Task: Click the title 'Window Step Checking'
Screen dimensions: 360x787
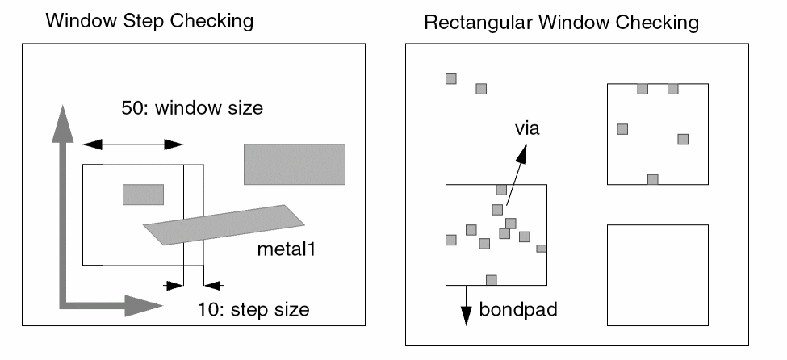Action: (x=149, y=22)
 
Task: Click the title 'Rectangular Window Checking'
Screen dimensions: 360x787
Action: (x=561, y=23)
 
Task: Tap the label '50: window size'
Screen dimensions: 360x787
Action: (x=186, y=107)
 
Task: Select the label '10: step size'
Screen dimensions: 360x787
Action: (x=253, y=308)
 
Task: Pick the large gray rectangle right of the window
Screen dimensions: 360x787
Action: (x=295, y=164)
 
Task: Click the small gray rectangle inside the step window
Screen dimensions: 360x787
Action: (x=143, y=194)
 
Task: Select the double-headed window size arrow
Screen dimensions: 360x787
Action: (x=133, y=144)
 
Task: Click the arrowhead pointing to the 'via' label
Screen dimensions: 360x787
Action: (x=525, y=151)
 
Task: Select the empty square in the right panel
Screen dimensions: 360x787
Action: (x=657, y=275)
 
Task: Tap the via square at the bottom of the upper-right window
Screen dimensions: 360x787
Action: (x=653, y=179)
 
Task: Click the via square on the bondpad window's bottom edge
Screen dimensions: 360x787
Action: (x=491, y=279)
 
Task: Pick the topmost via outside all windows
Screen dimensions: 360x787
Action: (x=451, y=78)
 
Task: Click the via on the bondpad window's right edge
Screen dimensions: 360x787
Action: (x=542, y=248)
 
